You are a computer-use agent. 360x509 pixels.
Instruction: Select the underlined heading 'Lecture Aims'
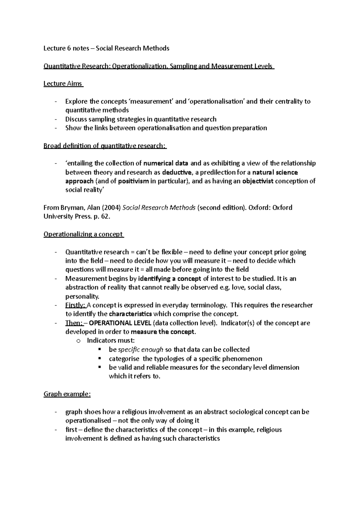pyautogui.click(x=63, y=84)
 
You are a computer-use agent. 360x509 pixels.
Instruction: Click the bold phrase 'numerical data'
pyautogui.click(x=166, y=164)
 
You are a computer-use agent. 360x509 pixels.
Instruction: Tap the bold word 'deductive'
pyautogui.click(x=176, y=173)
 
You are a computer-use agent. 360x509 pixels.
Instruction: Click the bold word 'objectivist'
pyautogui.click(x=258, y=181)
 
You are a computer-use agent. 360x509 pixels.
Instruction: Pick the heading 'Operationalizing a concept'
pyautogui.click(x=83, y=234)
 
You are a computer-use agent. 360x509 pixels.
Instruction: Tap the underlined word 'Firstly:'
pyautogui.click(x=75, y=305)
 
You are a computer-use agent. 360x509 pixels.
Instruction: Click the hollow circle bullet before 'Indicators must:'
pyautogui.click(x=79, y=341)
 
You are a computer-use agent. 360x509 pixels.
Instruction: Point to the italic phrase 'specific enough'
pyautogui.click(x=140, y=350)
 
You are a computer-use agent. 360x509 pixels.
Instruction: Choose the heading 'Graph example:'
pyautogui.click(x=67, y=394)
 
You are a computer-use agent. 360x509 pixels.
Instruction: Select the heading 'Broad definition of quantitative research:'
pyautogui.click(x=105, y=146)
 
